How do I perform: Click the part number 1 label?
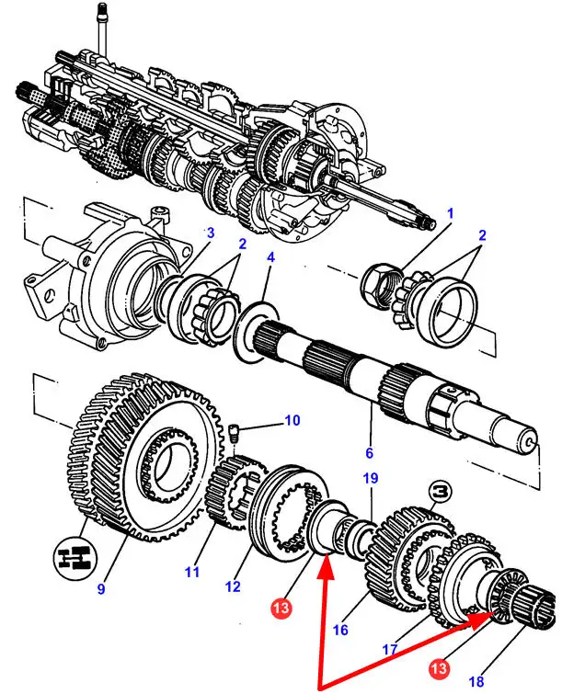[x=451, y=213]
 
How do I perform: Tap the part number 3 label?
[x=210, y=233]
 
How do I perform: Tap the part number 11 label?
[x=191, y=574]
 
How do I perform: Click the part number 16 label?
[x=339, y=630]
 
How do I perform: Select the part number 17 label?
[x=389, y=649]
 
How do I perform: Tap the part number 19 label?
[x=370, y=479]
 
